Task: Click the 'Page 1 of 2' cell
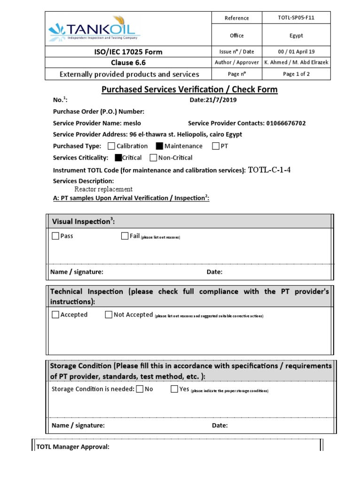[296, 74]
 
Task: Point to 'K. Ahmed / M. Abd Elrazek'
[296, 62]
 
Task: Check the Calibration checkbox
[111, 146]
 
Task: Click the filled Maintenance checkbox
[159, 146]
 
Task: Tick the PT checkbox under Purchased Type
[216, 146]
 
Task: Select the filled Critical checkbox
[118, 158]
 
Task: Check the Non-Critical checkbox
[153, 158]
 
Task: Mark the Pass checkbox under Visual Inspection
[55, 236]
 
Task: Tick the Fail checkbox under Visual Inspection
[125, 236]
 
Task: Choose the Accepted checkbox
[55, 315]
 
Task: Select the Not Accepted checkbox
[109, 315]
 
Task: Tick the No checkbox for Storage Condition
[140, 389]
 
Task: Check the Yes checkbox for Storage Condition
[174, 389]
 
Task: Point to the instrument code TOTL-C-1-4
[269, 170]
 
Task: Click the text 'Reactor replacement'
[103, 189]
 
